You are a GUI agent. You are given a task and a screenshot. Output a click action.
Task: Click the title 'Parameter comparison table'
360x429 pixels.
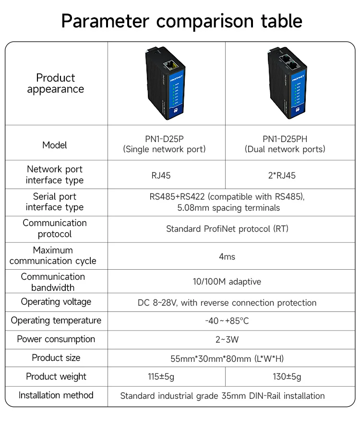pyautogui.click(x=181, y=21)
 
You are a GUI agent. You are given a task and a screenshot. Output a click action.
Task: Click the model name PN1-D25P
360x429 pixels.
pyautogui.click(x=164, y=139)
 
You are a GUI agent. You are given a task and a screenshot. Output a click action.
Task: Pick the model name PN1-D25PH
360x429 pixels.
pyautogui.click(x=285, y=139)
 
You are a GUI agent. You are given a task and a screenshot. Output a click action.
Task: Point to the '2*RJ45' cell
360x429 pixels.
pyautogui.click(x=282, y=176)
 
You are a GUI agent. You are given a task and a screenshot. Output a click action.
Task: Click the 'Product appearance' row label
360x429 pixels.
pyautogui.click(x=56, y=83)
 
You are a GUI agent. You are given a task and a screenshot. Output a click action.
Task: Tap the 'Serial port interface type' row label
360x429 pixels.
pyautogui.click(x=55, y=202)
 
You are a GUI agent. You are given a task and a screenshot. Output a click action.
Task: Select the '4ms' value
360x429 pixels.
pyautogui.click(x=227, y=257)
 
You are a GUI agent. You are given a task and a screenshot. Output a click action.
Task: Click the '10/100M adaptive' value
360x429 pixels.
pyautogui.click(x=227, y=282)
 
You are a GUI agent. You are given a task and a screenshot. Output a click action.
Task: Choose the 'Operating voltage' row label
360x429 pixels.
pyautogui.click(x=56, y=302)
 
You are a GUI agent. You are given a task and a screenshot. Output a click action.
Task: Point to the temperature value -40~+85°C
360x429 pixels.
pyautogui.click(x=227, y=321)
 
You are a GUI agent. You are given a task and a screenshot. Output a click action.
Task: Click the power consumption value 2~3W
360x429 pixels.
pyautogui.click(x=227, y=340)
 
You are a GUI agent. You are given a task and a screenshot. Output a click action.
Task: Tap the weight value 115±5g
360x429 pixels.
pyautogui.click(x=161, y=377)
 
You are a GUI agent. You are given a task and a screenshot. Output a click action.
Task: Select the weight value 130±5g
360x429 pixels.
pyautogui.click(x=287, y=377)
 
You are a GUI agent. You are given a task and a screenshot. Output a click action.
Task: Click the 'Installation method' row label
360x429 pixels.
pyautogui.click(x=56, y=395)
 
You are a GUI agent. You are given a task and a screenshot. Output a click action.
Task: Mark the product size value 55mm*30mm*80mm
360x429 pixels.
pyautogui.click(x=227, y=358)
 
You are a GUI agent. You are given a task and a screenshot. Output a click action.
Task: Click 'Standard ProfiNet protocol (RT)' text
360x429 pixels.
pyautogui.click(x=227, y=229)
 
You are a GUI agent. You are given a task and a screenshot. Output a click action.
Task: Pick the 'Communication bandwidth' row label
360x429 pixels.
pyautogui.click(x=53, y=282)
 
